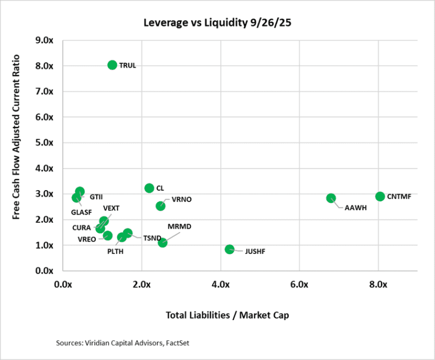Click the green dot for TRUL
click(113, 65)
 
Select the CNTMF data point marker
click(380, 196)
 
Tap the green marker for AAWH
click(331, 198)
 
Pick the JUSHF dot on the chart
click(229, 249)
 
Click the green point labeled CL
click(149, 188)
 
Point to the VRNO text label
click(181, 199)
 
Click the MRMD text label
click(179, 226)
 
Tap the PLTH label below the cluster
click(115, 251)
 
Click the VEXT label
click(111, 208)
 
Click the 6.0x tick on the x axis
click(299, 284)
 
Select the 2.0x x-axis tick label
click(141, 284)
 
